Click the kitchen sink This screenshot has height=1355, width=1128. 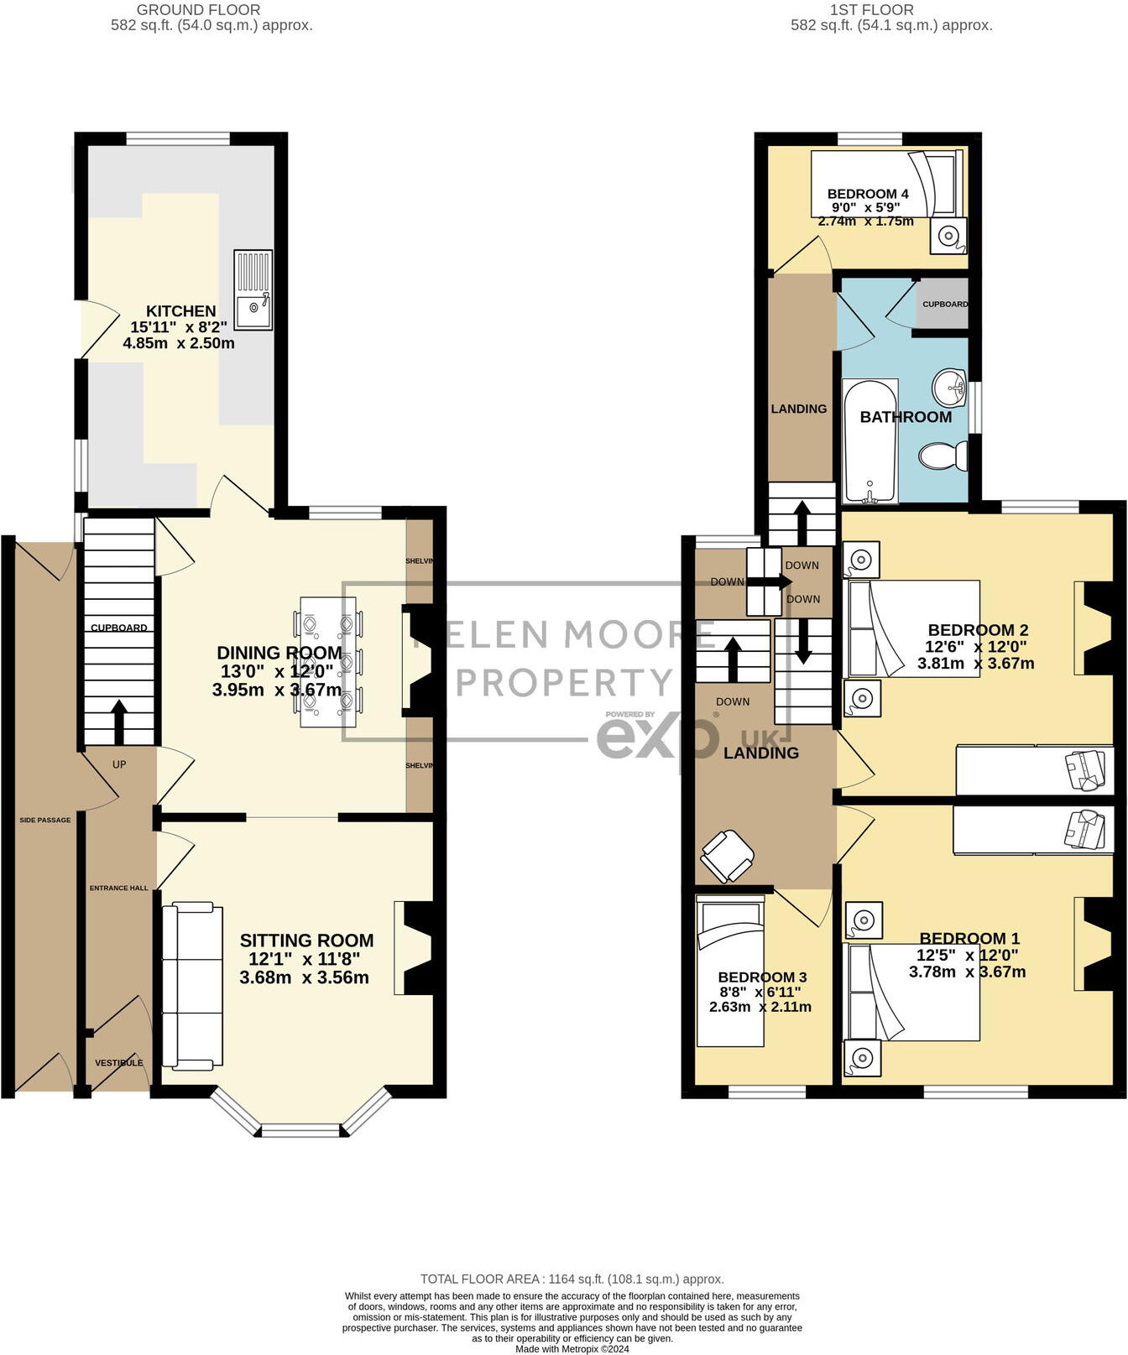click(x=253, y=289)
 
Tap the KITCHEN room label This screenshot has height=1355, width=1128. click(x=180, y=311)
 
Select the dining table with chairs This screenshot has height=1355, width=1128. click(x=328, y=661)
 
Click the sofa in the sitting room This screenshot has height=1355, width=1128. click(x=192, y=986)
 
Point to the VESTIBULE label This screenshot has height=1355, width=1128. click(x=118, y=1063)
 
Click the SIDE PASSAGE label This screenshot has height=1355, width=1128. click(x=45, y=820)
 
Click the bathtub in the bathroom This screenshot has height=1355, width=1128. click(x=870, y=441)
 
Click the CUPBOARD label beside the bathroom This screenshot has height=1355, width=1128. click(x=945, y=304)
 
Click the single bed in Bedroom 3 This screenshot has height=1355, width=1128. click(x=730, y=971)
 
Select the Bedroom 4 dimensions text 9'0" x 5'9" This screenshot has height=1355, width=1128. click(x=865, y=207)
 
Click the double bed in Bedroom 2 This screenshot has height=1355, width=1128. click(x=913, y=628)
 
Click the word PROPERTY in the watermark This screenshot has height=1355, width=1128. click(x=564, y=683)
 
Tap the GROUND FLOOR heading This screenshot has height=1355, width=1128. click(x=198, y=10)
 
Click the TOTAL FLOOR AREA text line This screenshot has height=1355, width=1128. click(x=572, y=1279)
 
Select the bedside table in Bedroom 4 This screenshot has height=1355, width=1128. click(x=949, y=236)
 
